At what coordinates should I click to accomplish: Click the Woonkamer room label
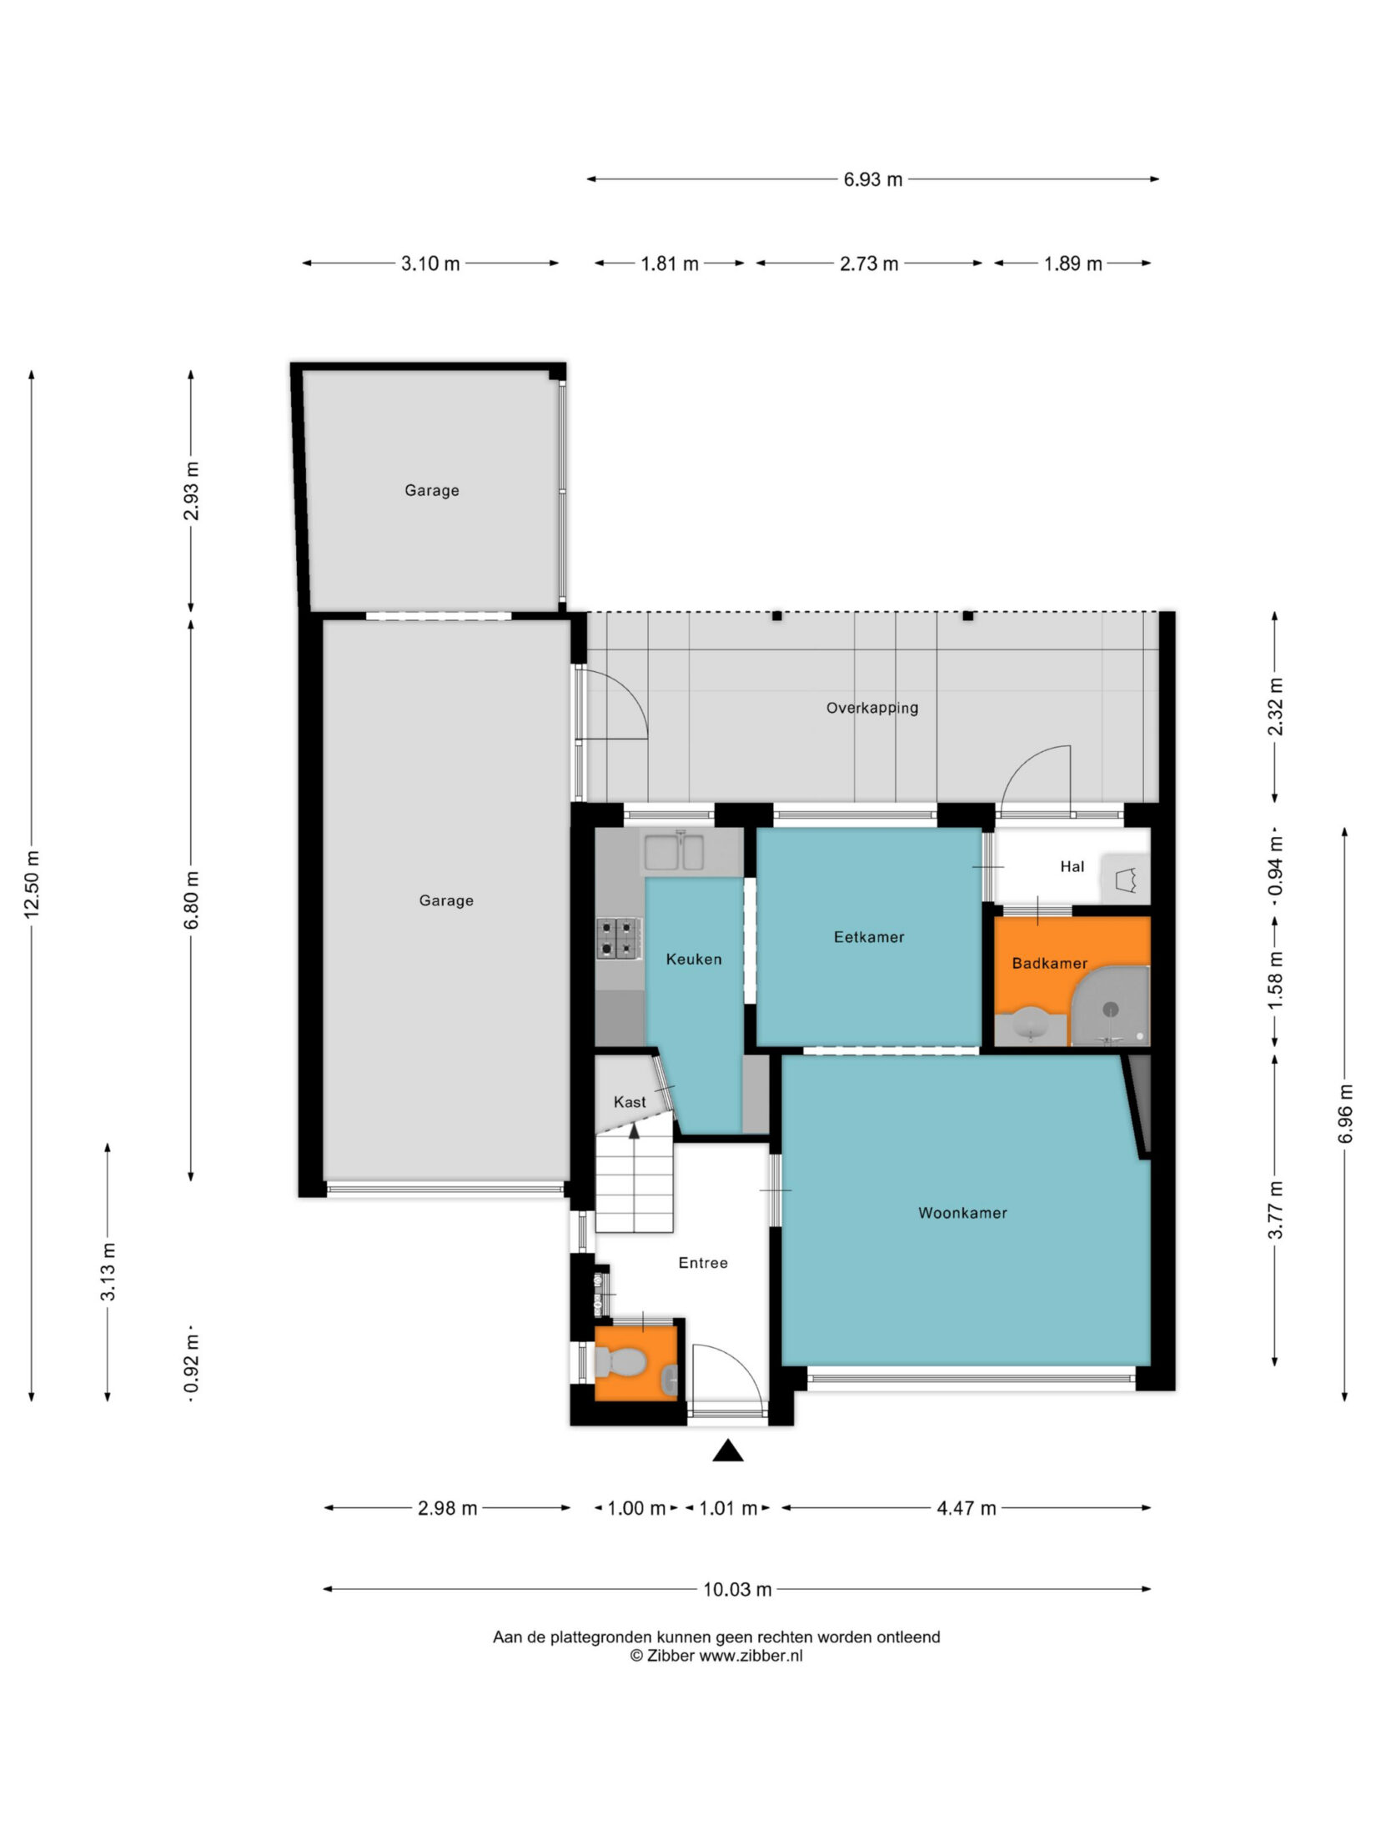(x=962, y=1213)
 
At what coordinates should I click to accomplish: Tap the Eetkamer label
(x=869, y=937)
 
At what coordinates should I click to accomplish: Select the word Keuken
(x=694, y=960)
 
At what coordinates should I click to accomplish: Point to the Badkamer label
(x=1050, y=964)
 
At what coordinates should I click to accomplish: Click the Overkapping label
(x=872, y=708)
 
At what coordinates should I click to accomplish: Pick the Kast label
(x=630, y=1102)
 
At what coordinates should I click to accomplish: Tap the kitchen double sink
(x=673, y=852)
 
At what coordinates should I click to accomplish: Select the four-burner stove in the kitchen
(x=618, y=937)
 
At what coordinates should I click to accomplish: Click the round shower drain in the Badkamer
(x=1110, y=1009)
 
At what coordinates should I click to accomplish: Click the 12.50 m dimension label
(x=32, y=884)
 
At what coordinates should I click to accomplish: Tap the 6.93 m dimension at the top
(x=873, y=179)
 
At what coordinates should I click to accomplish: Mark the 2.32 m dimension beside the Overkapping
(x=1275, y=707)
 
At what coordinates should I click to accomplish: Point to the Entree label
(x=703, y=1263)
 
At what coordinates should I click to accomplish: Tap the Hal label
(x=1072, y=867)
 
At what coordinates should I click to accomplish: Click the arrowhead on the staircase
(x=634, y=1131)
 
